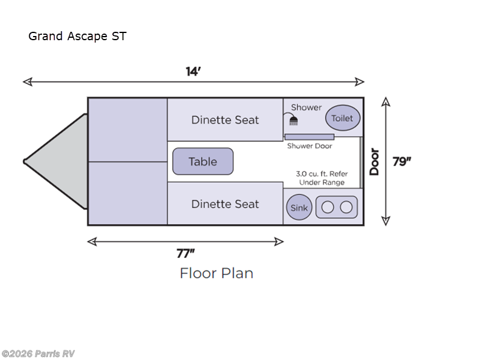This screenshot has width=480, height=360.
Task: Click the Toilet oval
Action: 343,118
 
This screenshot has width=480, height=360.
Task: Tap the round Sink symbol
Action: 299,208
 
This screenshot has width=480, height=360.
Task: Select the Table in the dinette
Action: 203,161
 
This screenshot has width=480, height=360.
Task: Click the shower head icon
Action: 293,120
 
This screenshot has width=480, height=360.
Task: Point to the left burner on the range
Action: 328,208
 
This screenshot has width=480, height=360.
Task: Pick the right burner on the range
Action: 346,208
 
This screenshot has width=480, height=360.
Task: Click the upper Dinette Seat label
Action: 225,120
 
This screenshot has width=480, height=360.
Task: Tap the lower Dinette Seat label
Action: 225,204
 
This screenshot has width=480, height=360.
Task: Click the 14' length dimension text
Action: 193,71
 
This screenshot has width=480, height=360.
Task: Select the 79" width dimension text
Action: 402,161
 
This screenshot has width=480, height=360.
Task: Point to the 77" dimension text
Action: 185,253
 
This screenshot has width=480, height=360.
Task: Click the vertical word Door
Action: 374,161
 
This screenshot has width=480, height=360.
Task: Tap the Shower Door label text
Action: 309,146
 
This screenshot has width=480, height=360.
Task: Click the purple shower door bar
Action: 309,137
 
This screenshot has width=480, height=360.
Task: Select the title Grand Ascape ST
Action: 77,36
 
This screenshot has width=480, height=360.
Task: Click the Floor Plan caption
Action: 217,274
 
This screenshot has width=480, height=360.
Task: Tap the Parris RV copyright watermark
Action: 38,354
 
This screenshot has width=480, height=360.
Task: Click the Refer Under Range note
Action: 322,178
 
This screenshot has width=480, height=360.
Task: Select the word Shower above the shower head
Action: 307,107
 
